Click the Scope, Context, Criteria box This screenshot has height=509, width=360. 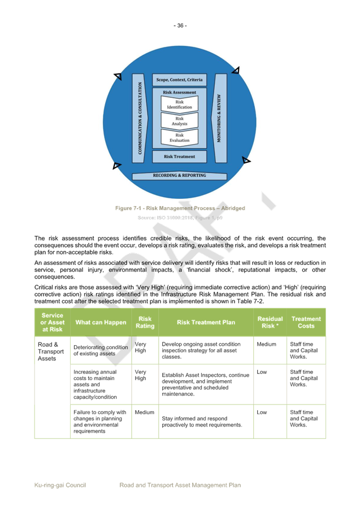tap(180, 80)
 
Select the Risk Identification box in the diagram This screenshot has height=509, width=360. tap(180, 105)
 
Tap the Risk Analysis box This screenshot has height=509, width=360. tap(180, 121)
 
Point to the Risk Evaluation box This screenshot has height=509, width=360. tap(180, 138)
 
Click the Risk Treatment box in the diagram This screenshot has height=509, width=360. tap(180, 156)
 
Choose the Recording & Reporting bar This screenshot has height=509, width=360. tap(180, 176)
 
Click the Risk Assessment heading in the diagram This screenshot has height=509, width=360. tap(180, 92)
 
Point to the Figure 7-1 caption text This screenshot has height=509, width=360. tap(180, 208)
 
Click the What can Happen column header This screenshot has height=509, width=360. tap(99, 322)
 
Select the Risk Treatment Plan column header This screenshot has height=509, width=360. tap(205, 322)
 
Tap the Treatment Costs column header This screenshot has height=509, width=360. tap(306, 322)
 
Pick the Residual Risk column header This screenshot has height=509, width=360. tap(270, 322)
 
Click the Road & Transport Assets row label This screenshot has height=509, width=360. tap(51, 351)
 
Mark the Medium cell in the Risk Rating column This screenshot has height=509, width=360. tap(144, 412)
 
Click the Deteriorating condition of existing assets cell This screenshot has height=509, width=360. tap(100, 350)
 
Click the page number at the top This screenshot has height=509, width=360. tap(180, 25)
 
